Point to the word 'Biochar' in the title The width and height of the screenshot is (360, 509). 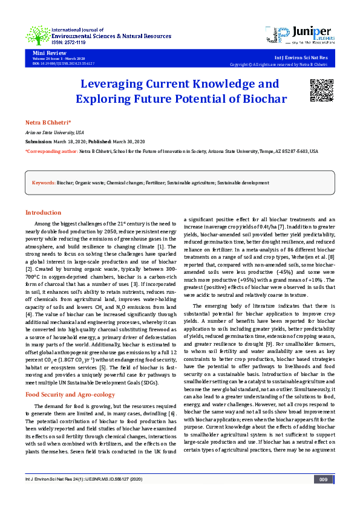[261, 98]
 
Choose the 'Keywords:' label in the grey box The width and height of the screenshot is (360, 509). [44, 182]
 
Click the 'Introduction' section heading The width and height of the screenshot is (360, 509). [43, 213]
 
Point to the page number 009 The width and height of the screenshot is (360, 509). [323, 496]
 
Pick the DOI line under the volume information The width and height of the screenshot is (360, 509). [64, 63]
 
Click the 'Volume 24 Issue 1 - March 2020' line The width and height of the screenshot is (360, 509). [58, 59]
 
